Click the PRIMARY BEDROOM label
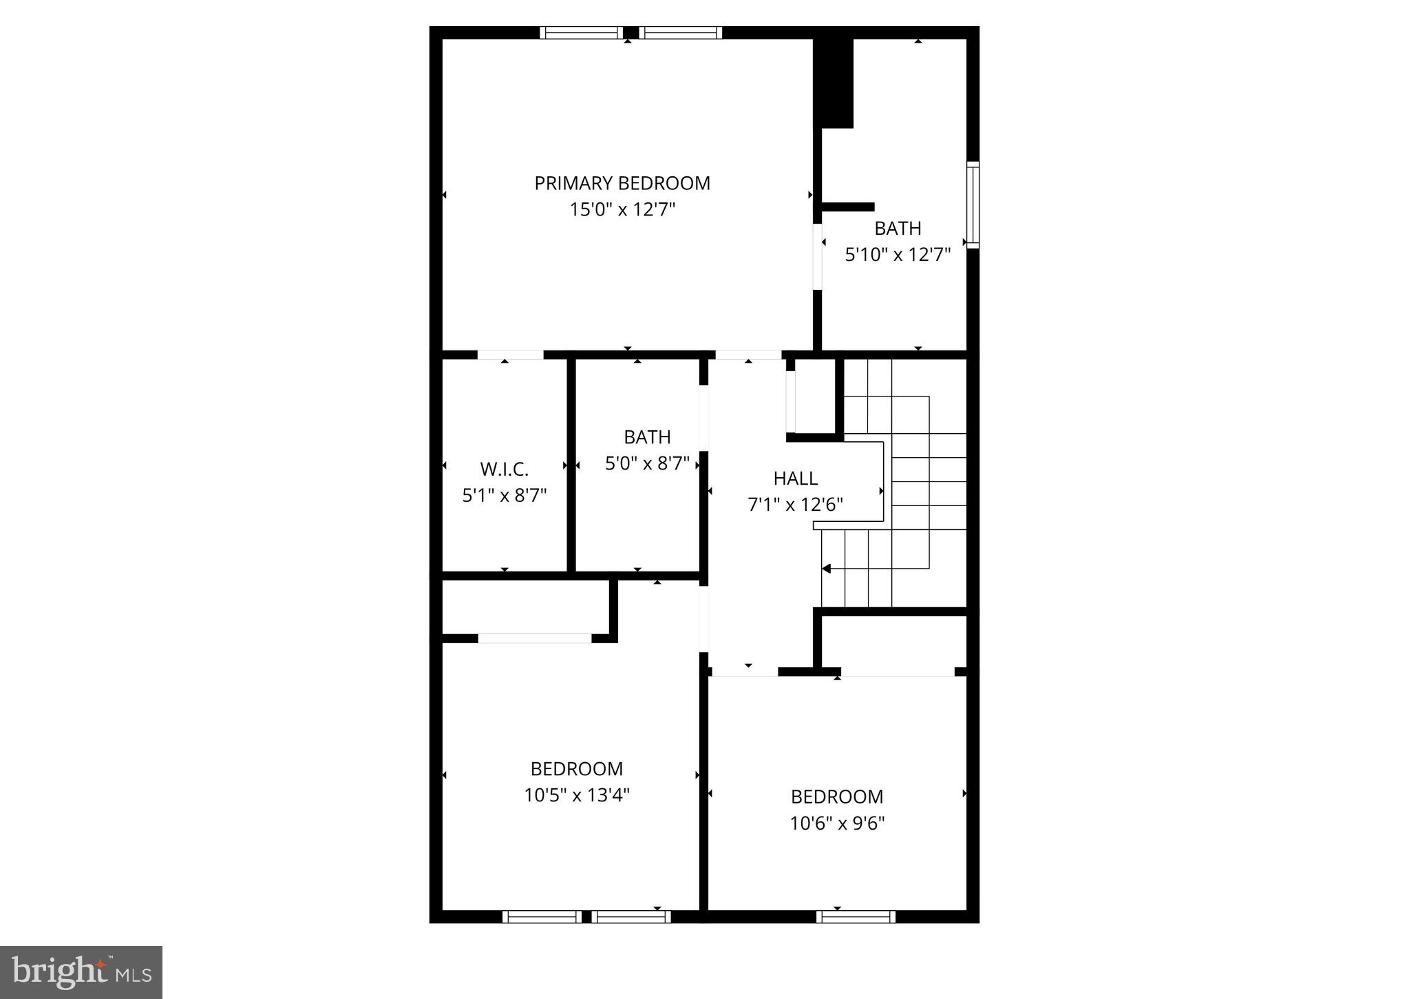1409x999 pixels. point(622,183)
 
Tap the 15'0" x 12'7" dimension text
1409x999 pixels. point(622,209)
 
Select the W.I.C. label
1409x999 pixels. point(504,470)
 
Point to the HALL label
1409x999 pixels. point(795,479)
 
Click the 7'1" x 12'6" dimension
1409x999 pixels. point(795,505)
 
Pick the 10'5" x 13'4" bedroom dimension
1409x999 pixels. point(577,795)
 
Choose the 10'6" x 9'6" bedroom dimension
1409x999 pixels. point(837,823)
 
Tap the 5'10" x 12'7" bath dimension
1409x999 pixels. point(898,255)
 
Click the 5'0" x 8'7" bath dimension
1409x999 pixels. point(647,463)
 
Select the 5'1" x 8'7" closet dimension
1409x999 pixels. point(504,496)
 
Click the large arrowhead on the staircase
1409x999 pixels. point(827,569)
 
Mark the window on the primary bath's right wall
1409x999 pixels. point(972,204)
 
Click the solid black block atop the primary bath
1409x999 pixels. point(834,83)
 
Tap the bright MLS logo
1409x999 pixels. point(81,972)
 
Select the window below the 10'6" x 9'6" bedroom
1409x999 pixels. point(856,916)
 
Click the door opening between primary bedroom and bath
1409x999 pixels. point(817,256)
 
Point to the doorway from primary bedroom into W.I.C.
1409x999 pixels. point(510,355)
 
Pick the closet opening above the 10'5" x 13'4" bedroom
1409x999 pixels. point(534,638)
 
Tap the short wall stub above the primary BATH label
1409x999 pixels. point(848,207)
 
